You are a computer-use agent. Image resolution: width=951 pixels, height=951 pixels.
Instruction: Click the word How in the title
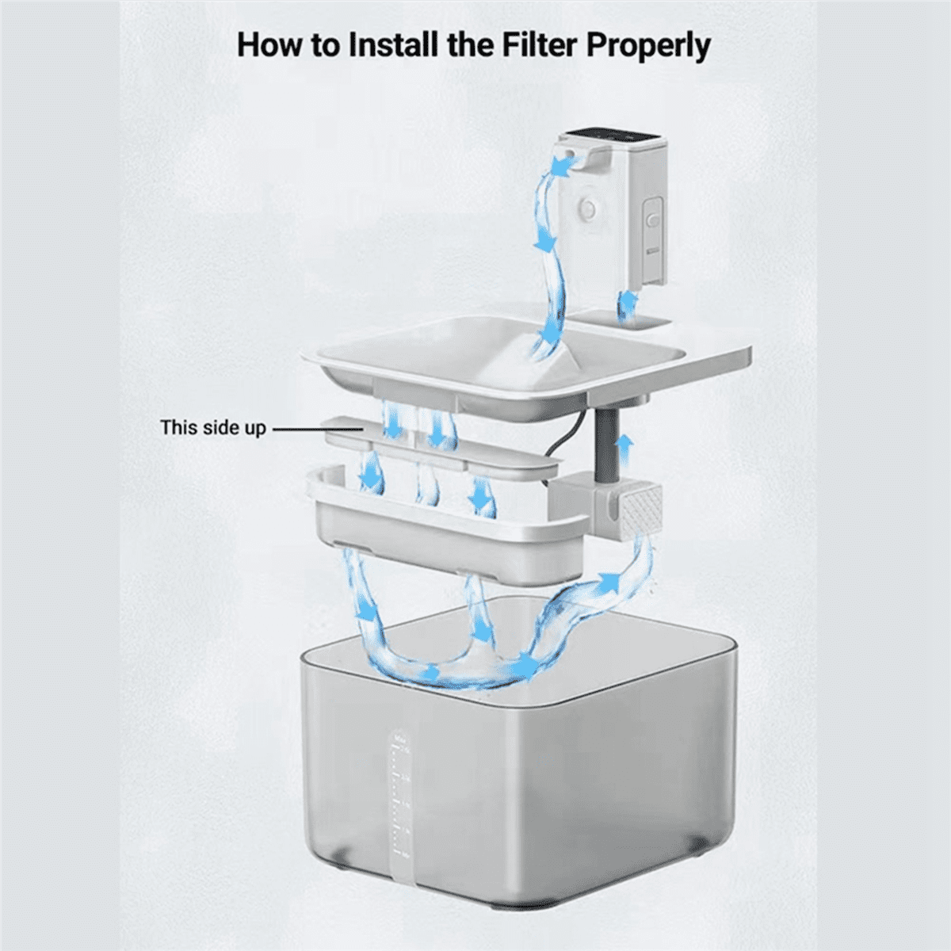(269, 45)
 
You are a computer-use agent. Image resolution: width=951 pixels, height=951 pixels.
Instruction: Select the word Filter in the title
(539, 45)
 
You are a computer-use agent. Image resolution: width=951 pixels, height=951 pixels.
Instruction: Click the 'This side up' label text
(212, 428)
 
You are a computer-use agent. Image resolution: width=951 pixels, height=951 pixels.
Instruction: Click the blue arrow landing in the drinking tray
(547, 342)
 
